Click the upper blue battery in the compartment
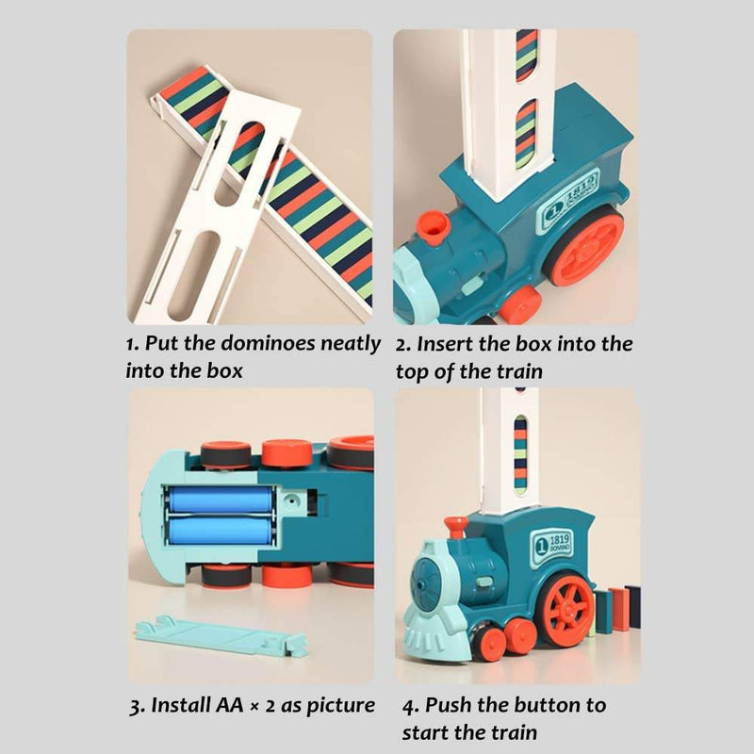click(x=221, y=500)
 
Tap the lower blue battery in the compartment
click(x=221, y=532)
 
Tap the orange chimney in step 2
click(x=434, y=227)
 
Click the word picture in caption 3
click(x=338, y=704)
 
